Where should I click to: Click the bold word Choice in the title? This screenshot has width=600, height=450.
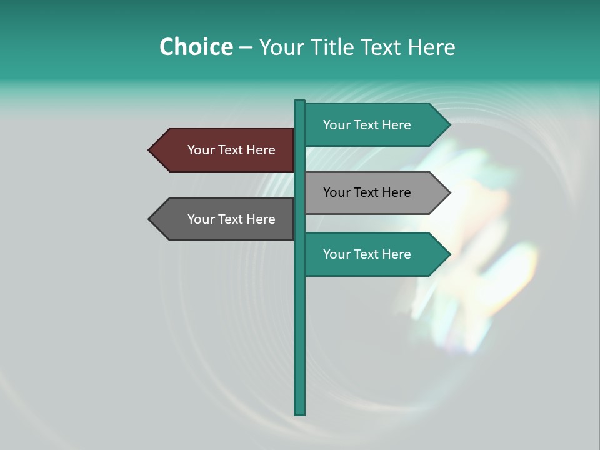[x=196, y=47]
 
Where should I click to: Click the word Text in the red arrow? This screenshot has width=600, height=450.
[x=231, y=150]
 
